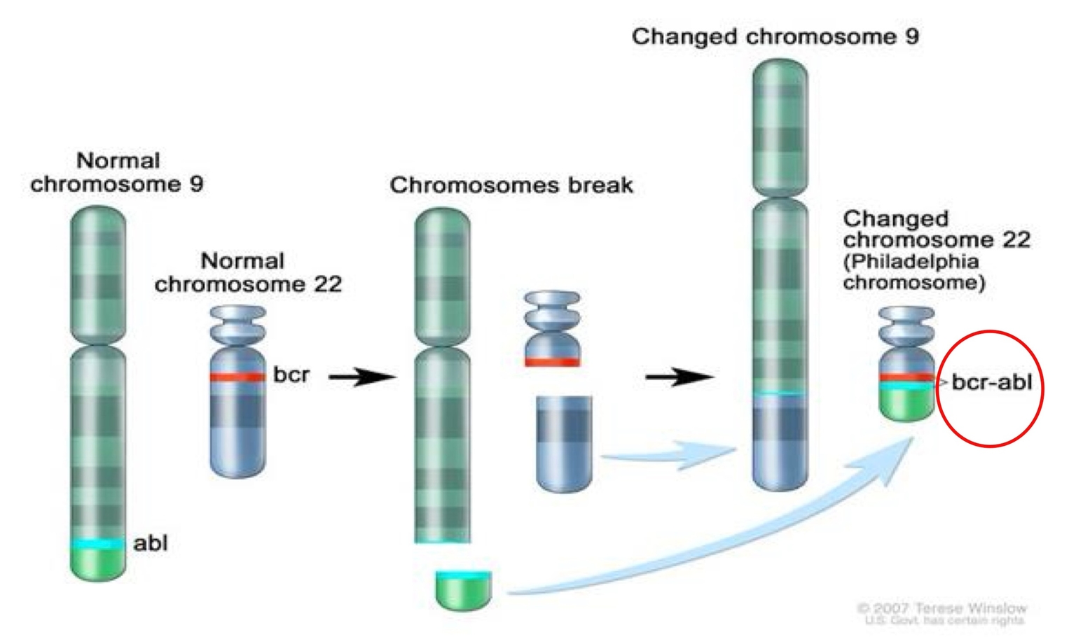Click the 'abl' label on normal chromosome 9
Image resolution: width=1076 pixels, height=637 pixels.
coord(150,543)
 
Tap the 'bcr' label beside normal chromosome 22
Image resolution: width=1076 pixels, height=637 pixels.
coord(291,374)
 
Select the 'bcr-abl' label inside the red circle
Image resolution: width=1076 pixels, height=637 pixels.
coord(991,382)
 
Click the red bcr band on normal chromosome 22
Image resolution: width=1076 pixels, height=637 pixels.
coord(237,377)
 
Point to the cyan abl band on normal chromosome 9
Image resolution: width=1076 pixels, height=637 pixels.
coord(98,544)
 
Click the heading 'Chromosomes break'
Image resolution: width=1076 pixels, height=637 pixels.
coord(511,185)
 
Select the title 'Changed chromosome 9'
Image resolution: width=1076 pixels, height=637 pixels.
coord(775,36)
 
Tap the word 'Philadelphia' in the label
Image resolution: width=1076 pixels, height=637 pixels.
coord(911,261)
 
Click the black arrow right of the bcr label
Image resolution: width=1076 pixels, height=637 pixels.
coord(361,377)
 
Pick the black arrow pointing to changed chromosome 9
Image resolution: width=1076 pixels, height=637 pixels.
coord(678,377)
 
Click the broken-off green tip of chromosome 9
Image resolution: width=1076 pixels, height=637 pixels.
coord(463,589)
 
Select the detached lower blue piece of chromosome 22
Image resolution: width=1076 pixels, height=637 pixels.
coord(564,442)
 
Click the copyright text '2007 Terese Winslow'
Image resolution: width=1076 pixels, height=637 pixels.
coord(942,608)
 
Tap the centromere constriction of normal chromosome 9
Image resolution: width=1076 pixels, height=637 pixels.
coord(98,343)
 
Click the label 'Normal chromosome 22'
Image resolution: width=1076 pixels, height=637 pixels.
coord(248,272)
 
